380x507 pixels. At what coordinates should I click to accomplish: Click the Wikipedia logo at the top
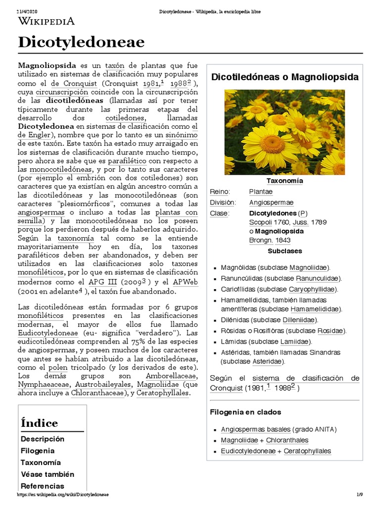click(x=47, y=21)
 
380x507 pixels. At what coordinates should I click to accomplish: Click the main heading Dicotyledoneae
click(x=81, y=43)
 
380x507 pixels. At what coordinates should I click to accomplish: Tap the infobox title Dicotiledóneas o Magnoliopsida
click(x=285, y=77)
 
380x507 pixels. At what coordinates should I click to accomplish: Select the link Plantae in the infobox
click(x=260, y=192)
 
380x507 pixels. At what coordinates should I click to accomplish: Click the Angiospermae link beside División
click(x=271, y=203)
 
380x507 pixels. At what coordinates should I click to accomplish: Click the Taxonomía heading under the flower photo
click(x=285, y=181)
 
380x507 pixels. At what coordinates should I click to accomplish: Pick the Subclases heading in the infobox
click(x=285, y=251)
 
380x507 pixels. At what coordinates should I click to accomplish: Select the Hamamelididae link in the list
click(x=316, y=309)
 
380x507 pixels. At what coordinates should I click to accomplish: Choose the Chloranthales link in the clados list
click(x=287, y=440)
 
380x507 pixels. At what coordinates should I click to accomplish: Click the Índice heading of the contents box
click(x=40, y=423)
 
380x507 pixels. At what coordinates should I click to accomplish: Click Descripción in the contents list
click(x=43, y=439)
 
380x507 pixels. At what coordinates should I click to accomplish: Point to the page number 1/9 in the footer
click(x=360, y=495)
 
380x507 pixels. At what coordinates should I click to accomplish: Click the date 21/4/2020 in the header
click(x=13, y=11)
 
